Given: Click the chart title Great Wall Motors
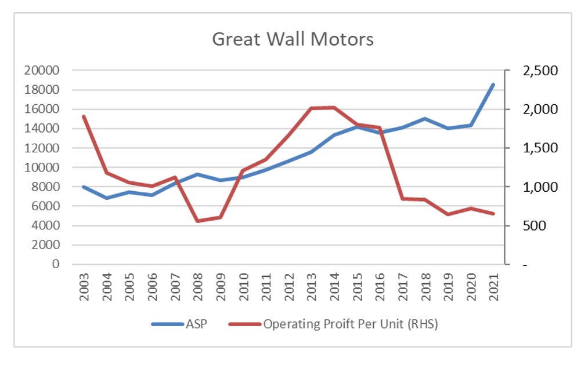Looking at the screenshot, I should click(293, 39).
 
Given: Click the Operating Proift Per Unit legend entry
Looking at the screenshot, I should click(350, 324).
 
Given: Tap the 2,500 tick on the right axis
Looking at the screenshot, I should click(540, 71).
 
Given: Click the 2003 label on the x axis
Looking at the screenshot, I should click(85, 284).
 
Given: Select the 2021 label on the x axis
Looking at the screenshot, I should click(493, 284).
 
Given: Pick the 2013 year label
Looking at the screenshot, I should click(312, 284).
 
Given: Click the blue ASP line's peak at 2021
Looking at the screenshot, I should click(493, 85).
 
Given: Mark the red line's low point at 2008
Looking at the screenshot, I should click(198, 221).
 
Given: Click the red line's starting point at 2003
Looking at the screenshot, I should click(85, 116).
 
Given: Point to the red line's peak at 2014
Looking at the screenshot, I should click(334, 107).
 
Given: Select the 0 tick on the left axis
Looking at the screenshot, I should click(56, 264).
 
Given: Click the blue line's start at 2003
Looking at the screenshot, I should click(85, 187).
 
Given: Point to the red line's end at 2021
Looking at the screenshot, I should click(493, 214).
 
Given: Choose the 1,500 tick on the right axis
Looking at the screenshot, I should click(540, 148).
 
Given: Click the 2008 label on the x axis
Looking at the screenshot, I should click(198, 284).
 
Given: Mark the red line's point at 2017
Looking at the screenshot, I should click(402, 199).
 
